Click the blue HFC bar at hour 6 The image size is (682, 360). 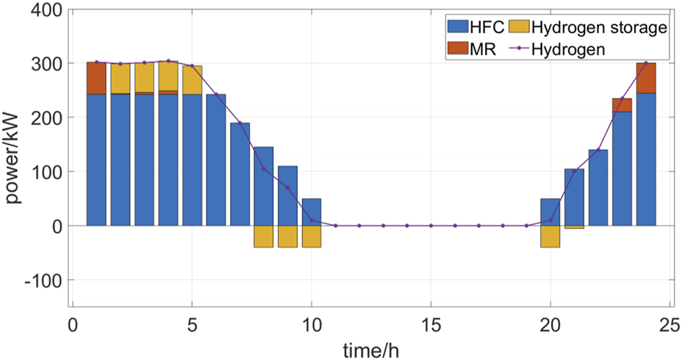(216, 160)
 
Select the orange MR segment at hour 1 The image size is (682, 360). (96, 78)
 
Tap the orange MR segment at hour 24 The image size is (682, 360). (647, 78)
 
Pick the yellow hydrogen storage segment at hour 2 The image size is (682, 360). (121, 79)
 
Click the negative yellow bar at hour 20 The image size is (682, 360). (550, 237)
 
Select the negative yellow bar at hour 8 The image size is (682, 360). (264, 237)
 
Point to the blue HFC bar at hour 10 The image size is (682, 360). (312, 212)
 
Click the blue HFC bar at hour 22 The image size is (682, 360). (598, 187)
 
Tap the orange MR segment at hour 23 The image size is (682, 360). (622, 105)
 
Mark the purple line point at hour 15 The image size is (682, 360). (431, 226)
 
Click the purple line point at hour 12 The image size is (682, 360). (359, 226)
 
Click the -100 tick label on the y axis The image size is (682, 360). (46, 280)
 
